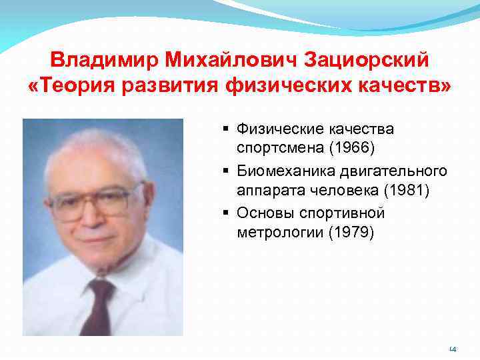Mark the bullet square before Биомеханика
pyautogui.click(x=227, y=171)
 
